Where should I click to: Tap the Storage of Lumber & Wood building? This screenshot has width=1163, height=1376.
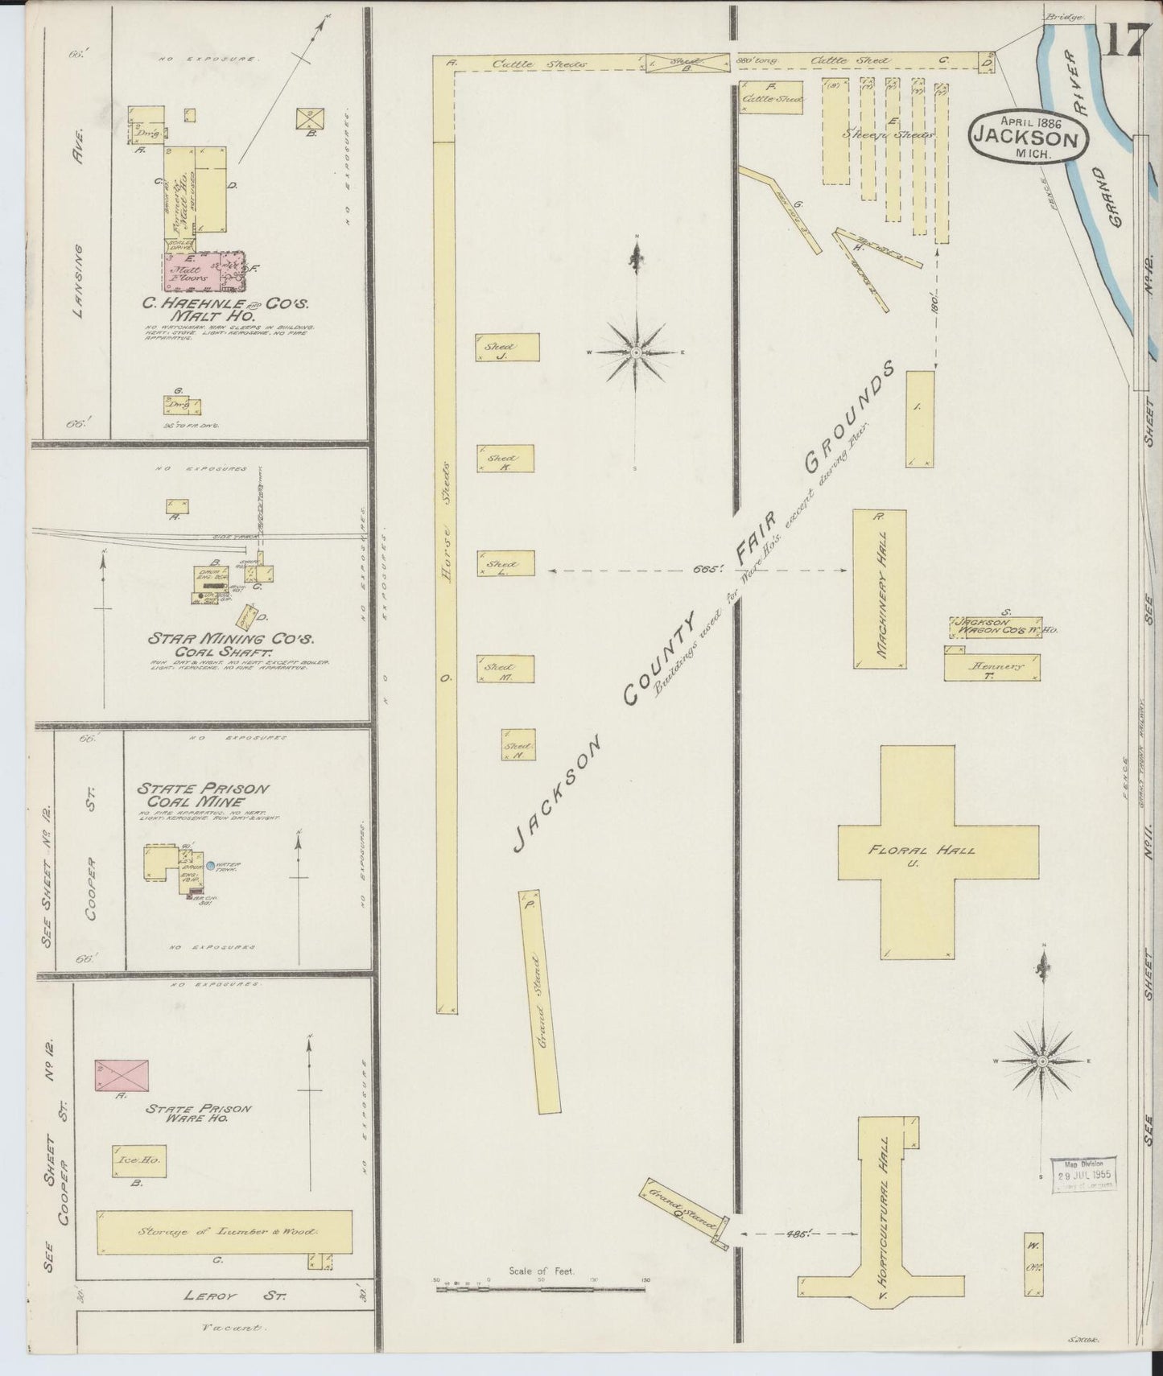(224, 1232)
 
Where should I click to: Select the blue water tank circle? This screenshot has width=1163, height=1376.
(210, 867)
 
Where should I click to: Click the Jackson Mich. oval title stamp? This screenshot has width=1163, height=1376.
(1029, 137)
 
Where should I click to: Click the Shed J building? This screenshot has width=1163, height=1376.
(507, 347)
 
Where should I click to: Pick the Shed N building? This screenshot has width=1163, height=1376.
(518, 745)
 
